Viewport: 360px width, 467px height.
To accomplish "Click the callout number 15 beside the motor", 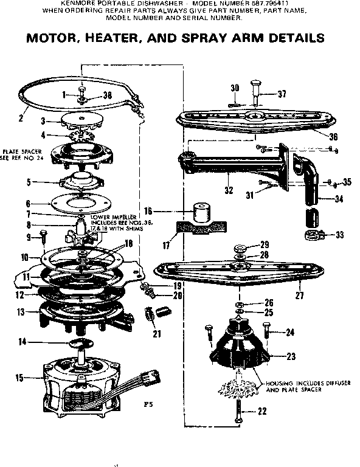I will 19,378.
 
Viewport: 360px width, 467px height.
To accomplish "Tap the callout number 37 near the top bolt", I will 281,94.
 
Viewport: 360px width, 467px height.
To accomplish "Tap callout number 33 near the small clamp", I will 339,235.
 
